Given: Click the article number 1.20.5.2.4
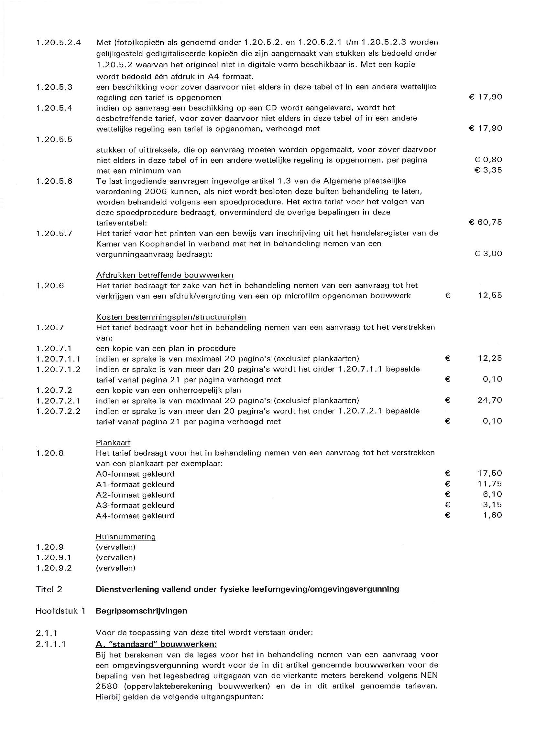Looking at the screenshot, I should (58, 42).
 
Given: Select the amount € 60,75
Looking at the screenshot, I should (485, 222).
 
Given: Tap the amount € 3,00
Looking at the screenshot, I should (488, 254).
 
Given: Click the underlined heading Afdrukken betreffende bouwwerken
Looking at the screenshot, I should (165, 275).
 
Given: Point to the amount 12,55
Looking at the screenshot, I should (490, 295).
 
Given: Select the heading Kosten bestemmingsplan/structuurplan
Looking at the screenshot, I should (171, 317).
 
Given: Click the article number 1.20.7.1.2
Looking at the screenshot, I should (58, 369).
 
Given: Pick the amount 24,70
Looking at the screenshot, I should (489, 400).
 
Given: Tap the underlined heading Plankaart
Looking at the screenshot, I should (113, 443).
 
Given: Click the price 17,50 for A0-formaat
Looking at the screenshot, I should (490, 473).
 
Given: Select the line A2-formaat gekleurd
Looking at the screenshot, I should (135, 495).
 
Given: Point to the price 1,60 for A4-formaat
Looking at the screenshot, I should (493, 515).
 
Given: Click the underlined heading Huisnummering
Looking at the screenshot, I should (126, 537).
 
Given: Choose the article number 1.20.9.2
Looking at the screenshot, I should (54, 568).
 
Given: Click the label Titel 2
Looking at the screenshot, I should (49, 589).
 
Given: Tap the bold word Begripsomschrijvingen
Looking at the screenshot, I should (141, 611).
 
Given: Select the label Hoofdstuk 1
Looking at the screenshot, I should (60, 611).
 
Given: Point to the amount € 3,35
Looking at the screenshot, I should (488, 170).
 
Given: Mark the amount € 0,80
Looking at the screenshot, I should (488, 160).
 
